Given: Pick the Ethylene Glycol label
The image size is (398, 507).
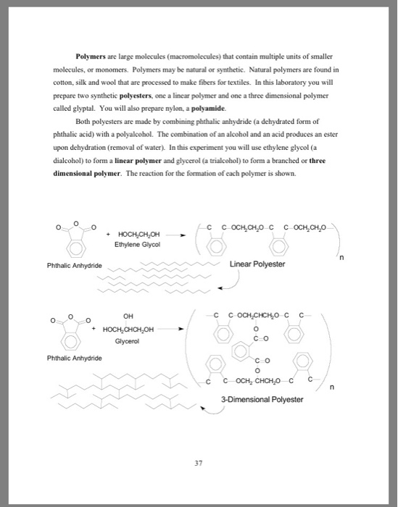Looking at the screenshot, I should pos(138,244).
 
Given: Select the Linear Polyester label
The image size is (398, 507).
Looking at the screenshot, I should pos(257,264).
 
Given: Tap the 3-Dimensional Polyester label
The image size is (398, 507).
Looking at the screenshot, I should pos(262,399).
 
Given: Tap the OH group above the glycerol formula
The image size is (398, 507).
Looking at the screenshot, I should pos(128,316).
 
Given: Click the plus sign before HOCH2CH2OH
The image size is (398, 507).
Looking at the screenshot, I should pos(109,234).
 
